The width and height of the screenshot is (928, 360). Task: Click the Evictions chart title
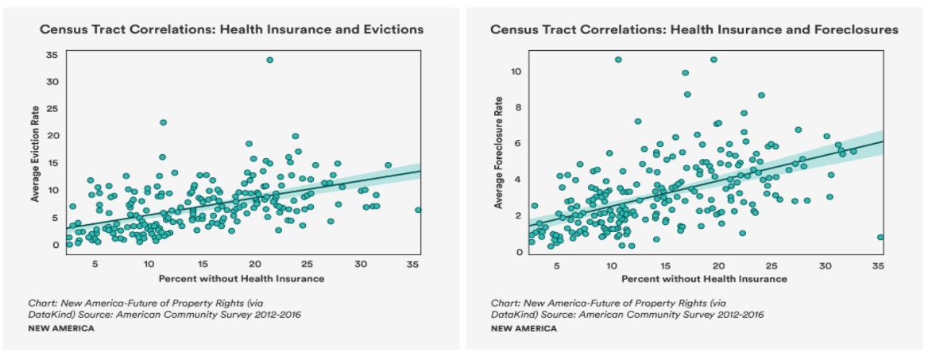(232, 29)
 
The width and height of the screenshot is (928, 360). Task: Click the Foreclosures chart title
(694, 29)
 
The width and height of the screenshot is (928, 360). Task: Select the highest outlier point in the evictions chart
(270, 60)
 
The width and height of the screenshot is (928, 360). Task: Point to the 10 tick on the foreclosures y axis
(516, 72)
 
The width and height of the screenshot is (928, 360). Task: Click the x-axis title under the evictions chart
(242, 279)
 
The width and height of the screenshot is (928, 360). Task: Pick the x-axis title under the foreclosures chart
(704, 279)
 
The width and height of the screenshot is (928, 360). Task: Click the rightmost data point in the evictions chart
(418, 211)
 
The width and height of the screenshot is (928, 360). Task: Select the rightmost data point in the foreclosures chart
(880, 238)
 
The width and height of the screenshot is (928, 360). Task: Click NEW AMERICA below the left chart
(61, 329)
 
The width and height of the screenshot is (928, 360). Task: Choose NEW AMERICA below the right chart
(524, 329)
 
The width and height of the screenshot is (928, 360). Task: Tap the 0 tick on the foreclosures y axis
(519, 252)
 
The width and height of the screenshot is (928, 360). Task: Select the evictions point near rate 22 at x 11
(163, 122)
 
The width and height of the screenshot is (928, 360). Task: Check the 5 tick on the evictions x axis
(95, 264)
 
